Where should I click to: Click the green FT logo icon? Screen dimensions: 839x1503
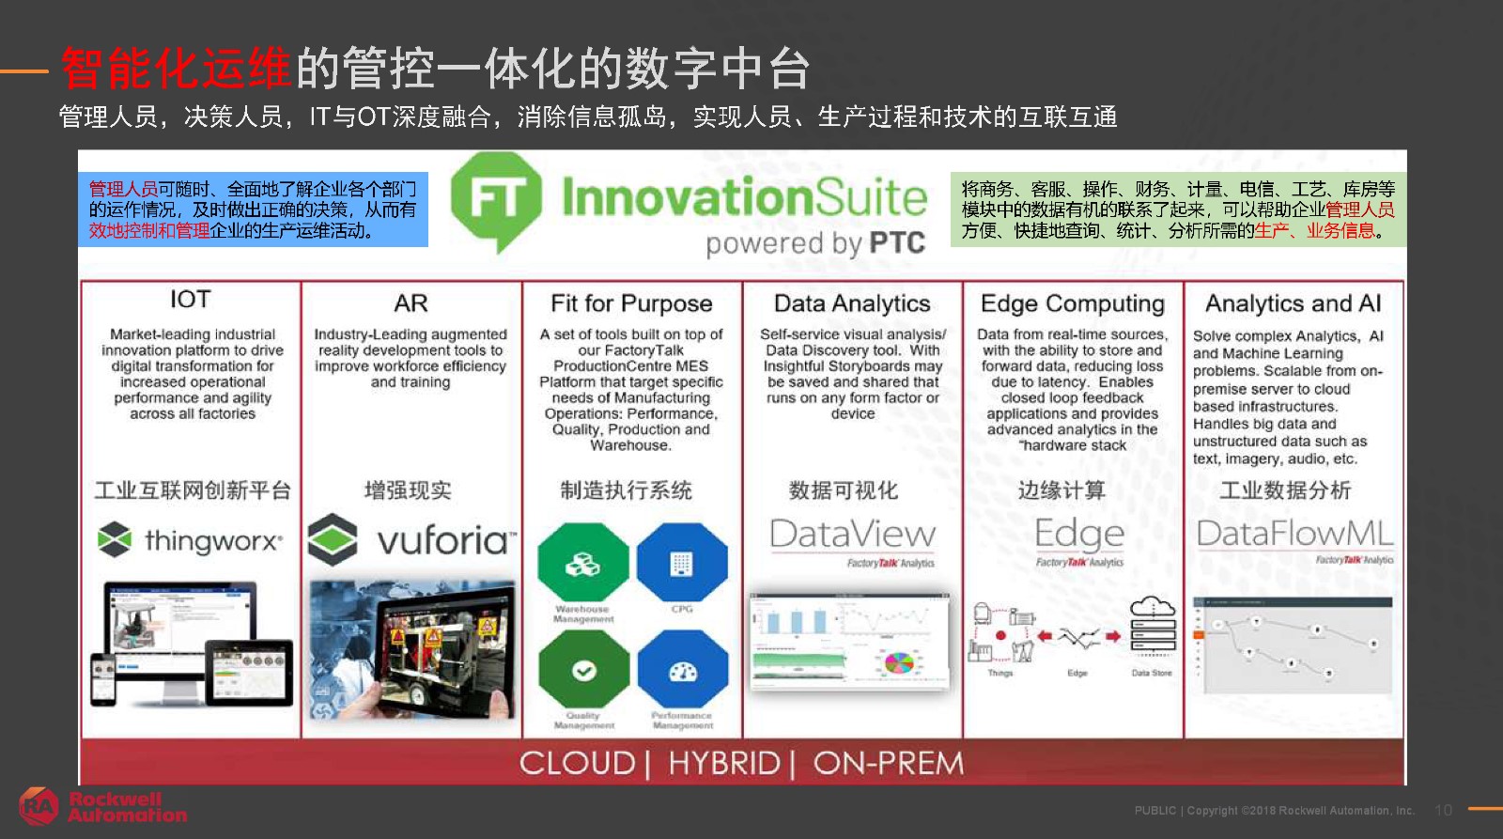[x=496, y=199]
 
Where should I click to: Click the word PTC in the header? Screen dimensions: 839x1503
[x=897, y=243]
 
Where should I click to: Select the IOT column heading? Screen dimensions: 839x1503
[x=190, y=300]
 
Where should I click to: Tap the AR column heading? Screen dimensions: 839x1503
[x=411, y=303]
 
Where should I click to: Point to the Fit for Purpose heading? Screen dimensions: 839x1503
[x=631, y=303]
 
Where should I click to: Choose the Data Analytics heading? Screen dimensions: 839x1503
[x=852, y=303]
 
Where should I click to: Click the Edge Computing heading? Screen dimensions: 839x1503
[x=1072, y=303]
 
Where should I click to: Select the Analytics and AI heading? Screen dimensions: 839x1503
[x=1293, y=303]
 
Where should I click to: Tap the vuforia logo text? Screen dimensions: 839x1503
[x=446, y=540]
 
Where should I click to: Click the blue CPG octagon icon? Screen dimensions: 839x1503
[x=682, y=564]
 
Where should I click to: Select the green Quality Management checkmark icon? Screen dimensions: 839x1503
[x=584, y=671]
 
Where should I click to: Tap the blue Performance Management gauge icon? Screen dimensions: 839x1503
[x=683, y=671]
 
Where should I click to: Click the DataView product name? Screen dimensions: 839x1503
[x=852, y=535]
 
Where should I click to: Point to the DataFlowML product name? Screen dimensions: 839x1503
[x=1294, y=534]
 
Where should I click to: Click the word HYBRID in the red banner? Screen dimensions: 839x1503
[x=723, y=763]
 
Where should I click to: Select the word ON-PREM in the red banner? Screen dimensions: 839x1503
[x=889, y=763]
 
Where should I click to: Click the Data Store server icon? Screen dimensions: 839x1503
[x=1153, y=628]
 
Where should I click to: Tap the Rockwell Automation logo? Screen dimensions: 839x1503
[x=103, y=806]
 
